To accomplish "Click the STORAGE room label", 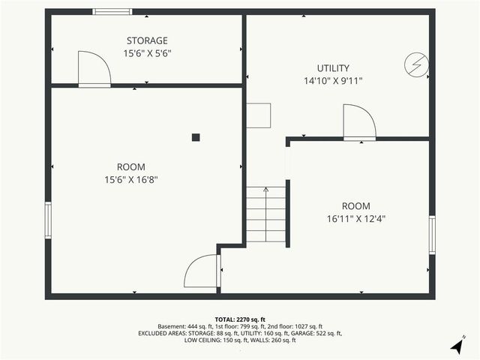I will [147, 40].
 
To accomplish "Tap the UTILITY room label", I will [332, 68].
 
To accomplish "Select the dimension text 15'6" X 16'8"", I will [131, 179].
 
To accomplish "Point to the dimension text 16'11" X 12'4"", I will [356, 219].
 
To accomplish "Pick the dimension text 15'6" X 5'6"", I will [147, 53].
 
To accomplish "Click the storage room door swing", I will [94, 70].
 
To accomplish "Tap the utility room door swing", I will [358, 123].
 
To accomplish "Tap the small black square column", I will [196, 136].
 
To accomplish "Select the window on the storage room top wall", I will [112, 11].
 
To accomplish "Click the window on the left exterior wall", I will [48, 220].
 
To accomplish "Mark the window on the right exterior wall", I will [432, 235].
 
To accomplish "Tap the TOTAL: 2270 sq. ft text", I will [240, 319].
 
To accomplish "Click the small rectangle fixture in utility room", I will [260, 115].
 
